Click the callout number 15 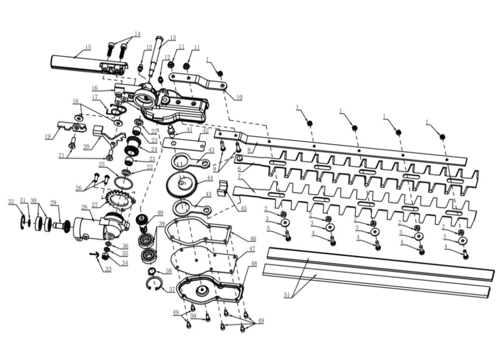[x=88, y=48]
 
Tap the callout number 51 [x=287, y=295]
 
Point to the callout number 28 [x=84, y=207]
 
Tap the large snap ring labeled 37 [x=155, y=284]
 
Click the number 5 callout [x=268, y=228]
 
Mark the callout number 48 [x=254, y=264]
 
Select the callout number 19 [x=48, y=137]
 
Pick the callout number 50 [x=193, y=316]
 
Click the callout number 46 [x=253, y=239]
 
